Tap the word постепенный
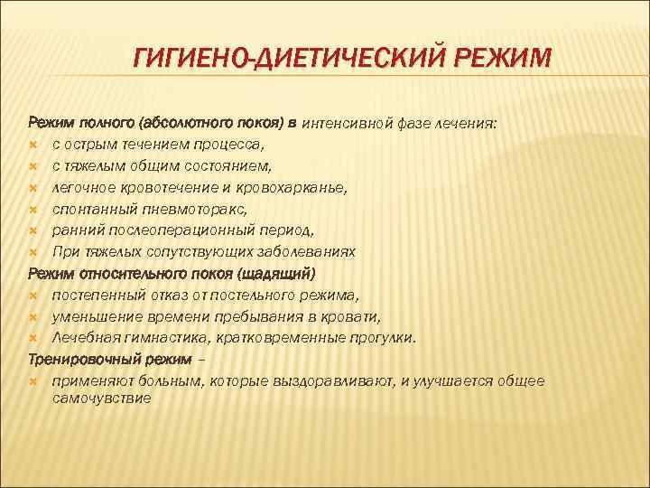click(97, 295)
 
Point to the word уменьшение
click(97, 316)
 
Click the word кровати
click(350, 316)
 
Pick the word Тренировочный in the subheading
click(79, 359)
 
